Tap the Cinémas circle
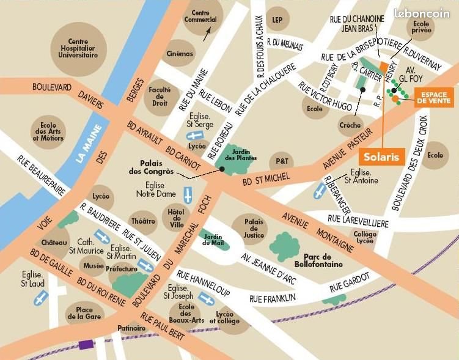coord(180,54)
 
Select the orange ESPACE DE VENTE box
coord(433,97)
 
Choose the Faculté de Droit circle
coord(160,96)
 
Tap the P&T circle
coord(281,161)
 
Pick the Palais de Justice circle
coord(253,227)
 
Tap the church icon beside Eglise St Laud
coord(41,298)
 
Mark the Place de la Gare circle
coord(81,313)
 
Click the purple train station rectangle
coord(86,344)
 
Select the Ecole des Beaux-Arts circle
coord(186,315)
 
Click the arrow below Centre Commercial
coord(208,33)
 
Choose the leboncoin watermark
coord(422,12)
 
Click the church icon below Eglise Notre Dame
coord(188,195)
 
